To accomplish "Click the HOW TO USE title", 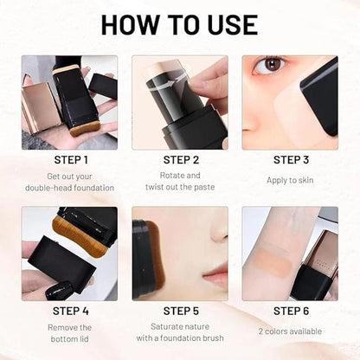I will click(x=179, y=24).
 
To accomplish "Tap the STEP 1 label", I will click(x=70, y=159).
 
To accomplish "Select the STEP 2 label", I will click(x=181, y=159).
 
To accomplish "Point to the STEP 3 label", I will click(x=292, y=159).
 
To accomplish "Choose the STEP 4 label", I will click(x=70, y=311).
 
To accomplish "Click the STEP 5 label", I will click(x=181, y=311).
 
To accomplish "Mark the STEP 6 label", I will click(x=292, y=311).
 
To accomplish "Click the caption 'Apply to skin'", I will click(x=292, y=181).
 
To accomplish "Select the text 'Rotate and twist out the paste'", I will click(x=181, y=181).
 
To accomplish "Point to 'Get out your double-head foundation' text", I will click(x=70, y=181).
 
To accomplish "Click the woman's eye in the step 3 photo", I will click(x=274, y=66).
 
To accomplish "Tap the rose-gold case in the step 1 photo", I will click(x=39, y=104).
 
